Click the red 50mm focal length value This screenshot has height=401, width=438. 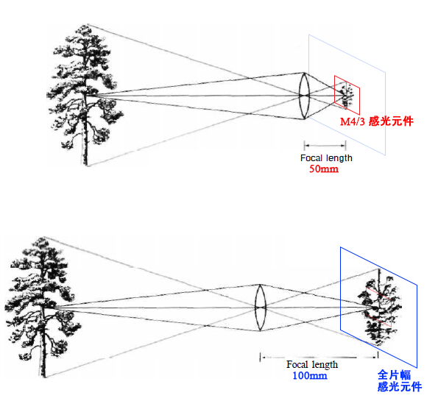(x=324, y=169)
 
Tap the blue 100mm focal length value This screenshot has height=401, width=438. (x=310, y=375)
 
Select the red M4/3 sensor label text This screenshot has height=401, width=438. (x=377, y=121)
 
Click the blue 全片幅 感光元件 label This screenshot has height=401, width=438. (x=400, y=381)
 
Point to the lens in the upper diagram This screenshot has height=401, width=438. (x=305, y=96)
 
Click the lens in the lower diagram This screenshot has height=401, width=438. (x=261, y=308)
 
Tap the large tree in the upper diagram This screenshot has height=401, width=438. (x=84, y=95)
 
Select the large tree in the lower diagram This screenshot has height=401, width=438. (x=42, y=307)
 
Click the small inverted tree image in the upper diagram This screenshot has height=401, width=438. (x=347, y=95)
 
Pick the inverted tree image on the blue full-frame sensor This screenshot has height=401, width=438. (x=379, y=307)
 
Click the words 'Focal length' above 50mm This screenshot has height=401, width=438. (x=326, y=158)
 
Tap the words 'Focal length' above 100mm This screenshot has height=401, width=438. (x=312, y=364)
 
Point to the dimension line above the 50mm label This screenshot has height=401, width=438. (x=325, y=145)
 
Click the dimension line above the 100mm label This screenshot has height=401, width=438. (x=319, y=357)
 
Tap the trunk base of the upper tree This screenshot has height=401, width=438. (x=85, y=164)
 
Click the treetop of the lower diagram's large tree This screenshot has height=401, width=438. (x=43, y=238)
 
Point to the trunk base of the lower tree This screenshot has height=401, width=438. (x=44, y=376)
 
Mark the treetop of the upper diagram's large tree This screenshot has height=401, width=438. (x=86, y=26)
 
